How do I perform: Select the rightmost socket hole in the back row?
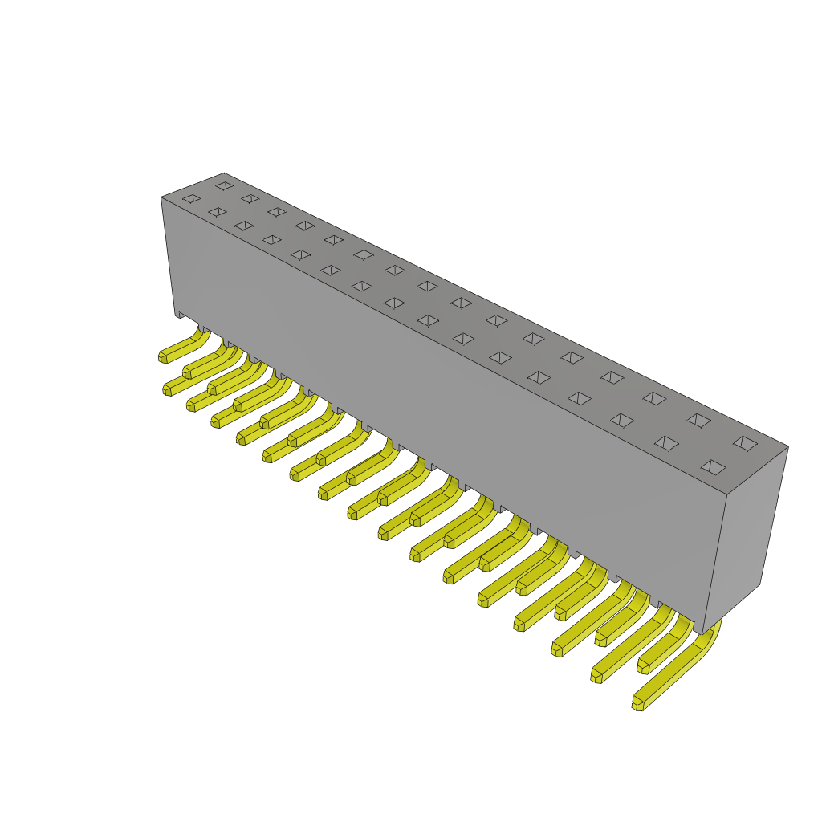coord(745,443)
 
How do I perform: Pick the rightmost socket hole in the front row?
coord(713,467)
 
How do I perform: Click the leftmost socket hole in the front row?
coord(191,198)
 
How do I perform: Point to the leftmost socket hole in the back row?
coord(224,185)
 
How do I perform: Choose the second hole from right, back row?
coord(698,421)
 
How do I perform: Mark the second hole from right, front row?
coord(666,443)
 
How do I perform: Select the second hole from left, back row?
coord(250,198)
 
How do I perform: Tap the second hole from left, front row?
coord(217,212)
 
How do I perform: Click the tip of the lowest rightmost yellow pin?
coord(637,704)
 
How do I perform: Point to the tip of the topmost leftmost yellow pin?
coord(163,356)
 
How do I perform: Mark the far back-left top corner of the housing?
coord(224,173)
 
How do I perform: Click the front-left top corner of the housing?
coord(161,197)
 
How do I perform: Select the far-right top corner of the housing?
coord(788,446)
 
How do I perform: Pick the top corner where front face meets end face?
coord(726,494)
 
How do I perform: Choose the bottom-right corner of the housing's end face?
coord(759,584)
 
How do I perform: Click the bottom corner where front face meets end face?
coord(702,635)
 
